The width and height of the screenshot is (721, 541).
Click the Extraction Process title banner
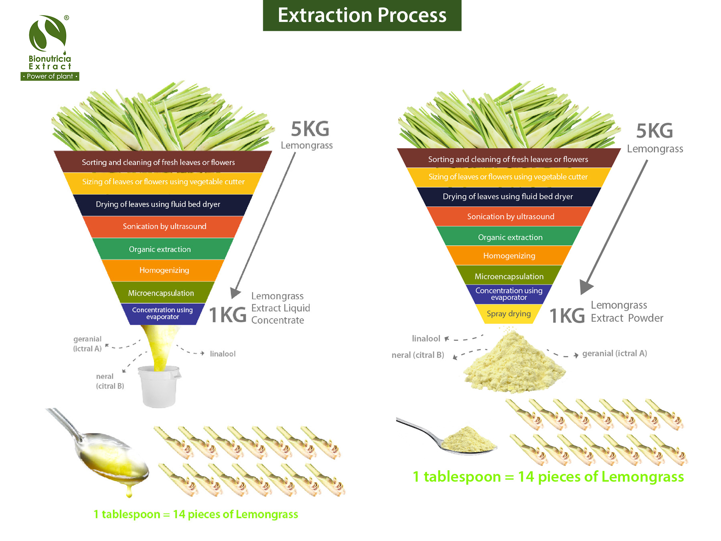(x=362, y=15)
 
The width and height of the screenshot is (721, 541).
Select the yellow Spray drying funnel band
(x=509, y=314)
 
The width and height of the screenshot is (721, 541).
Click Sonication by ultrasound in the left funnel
(x=164, y=226)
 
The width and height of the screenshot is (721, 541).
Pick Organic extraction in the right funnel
(x=510, y=237)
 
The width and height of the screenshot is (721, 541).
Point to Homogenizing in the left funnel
(x=164, y=270)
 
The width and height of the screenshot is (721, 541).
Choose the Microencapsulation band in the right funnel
(x=509, y=276)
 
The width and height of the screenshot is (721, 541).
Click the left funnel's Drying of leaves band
(x=158, y=204)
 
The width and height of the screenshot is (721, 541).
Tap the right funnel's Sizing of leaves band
(x=508, y=177)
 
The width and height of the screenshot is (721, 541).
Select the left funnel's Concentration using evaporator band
(x=162, y=313)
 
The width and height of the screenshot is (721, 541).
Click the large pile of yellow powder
(x=514, y=364)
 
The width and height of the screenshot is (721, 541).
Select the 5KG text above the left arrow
(x=310, y=129)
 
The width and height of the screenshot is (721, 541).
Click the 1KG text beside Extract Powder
(x=567, y=316)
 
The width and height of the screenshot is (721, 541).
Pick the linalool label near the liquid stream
(x=222, y=354)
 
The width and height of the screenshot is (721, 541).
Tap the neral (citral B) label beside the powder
(x=417, y=355)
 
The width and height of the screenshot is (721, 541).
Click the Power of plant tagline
(x=50, y=76)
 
